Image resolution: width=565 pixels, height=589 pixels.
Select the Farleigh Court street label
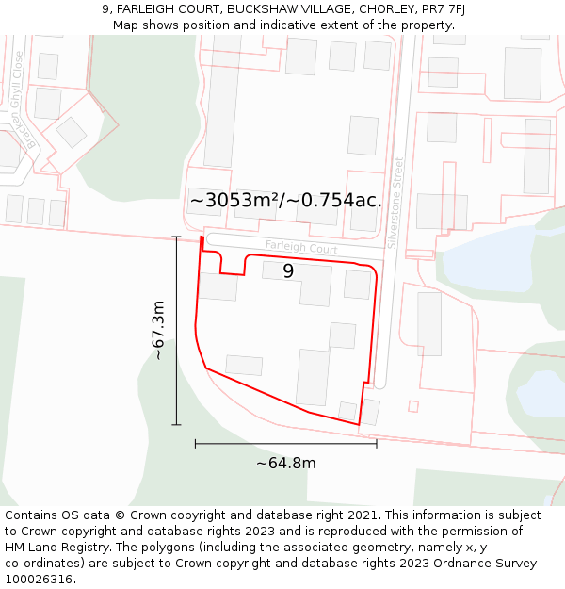301,247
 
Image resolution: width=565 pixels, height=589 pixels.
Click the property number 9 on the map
288,271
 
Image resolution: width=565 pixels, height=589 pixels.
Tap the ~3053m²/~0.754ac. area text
285,201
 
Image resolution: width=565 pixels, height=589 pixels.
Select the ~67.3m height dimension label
159,330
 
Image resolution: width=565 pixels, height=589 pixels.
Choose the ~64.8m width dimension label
286,463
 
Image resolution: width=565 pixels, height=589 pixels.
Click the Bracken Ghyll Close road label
24,100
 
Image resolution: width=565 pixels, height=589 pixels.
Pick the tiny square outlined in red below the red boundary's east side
412,406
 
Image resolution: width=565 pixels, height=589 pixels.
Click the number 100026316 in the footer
39,579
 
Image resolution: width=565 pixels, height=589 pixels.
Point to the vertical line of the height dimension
177,330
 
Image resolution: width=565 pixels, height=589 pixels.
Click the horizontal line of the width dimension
286,443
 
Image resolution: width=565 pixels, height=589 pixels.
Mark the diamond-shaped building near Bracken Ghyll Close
71,132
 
